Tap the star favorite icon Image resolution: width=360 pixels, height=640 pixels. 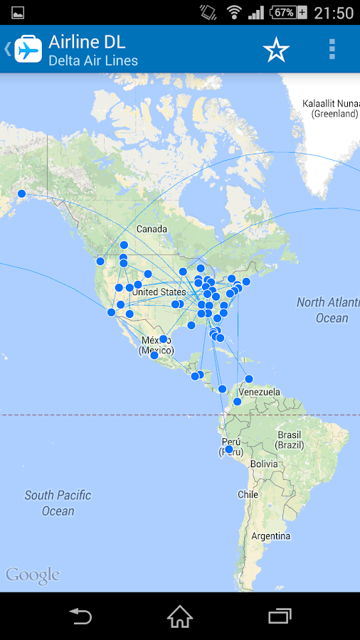(276, 49)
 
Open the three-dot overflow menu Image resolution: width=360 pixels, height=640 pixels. (332, 49)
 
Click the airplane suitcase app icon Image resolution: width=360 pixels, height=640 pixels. (28, 49)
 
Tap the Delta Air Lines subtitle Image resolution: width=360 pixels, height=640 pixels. (93, 61)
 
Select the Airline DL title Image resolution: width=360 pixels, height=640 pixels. (87, 42)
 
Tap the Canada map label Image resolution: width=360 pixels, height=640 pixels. (152, 229)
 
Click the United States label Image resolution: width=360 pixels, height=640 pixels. (159, 292)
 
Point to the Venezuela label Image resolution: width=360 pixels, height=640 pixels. (259, 392)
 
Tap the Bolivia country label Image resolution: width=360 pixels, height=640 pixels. (263, 464)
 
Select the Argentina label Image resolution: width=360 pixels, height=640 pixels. (271, 535)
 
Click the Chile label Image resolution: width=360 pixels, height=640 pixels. (248, 494)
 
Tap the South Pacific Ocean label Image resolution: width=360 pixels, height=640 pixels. (58, 503)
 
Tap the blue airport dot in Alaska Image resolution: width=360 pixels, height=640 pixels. (21, 193)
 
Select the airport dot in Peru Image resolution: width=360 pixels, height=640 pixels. (229, 449)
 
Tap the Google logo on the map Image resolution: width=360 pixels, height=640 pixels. (33, 575)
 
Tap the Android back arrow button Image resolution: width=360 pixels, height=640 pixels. (80, 616)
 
